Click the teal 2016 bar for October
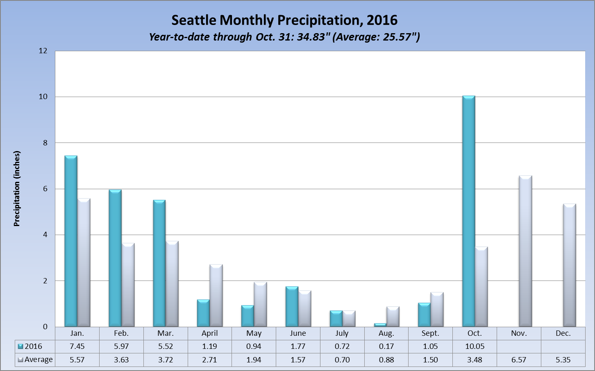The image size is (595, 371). point(469,211)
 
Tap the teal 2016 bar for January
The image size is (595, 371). point(71,241)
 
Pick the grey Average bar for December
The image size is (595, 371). point(570,265)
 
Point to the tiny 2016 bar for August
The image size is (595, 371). point(380,325)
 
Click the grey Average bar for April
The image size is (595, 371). point(216,296)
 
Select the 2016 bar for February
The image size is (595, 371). point(115,258)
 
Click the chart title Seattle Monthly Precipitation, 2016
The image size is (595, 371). point(284,20)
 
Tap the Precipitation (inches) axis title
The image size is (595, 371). point(17,189)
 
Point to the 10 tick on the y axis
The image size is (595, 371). point(43,97)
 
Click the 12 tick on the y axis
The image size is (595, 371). point(43,51)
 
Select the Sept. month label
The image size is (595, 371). point(430,333)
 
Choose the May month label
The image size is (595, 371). point(254,333)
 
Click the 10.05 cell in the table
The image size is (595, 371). point(475,346)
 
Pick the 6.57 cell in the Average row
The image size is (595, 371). point(519,360)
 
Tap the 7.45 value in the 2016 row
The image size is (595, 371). point(77,346)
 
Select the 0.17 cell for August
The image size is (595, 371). point(386,346)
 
